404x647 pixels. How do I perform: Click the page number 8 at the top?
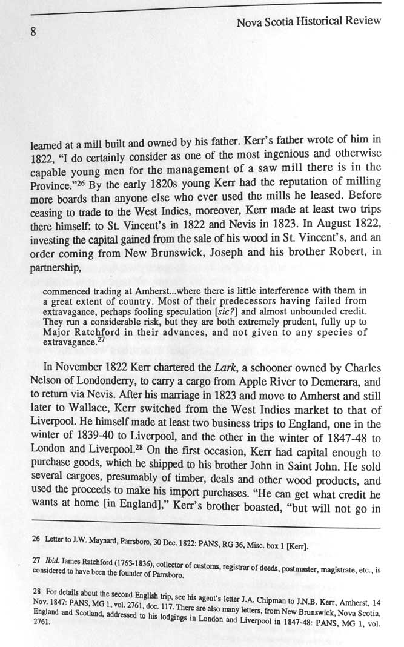click(35, 33)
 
